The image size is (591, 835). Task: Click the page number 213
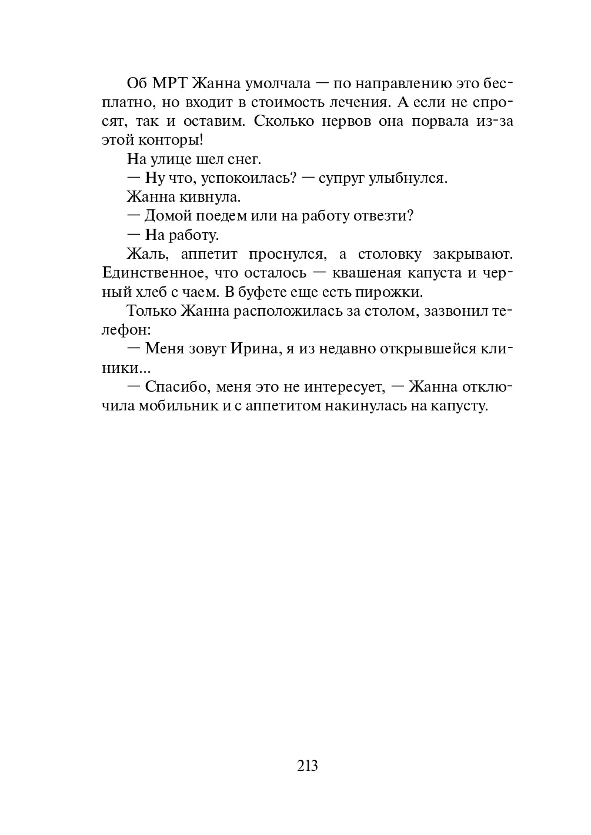point(308,765)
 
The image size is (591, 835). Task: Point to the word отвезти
point(383,216)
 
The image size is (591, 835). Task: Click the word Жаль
point(146,254)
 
